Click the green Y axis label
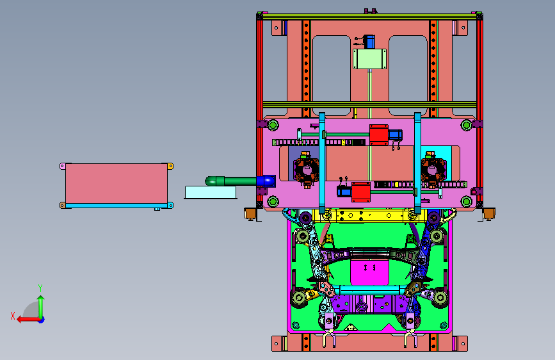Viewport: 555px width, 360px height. pos(40,288)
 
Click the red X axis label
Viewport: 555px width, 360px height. pos(13,316)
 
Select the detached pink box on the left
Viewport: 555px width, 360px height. pos(117,184)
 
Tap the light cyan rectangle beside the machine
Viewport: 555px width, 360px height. pos(211,192)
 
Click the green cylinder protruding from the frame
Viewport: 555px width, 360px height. pos(231,181)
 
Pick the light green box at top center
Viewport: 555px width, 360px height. pos(369,59)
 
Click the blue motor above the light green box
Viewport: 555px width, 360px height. pos(369,42)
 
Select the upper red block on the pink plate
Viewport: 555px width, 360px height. pos(379,135)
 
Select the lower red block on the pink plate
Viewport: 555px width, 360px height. pos(361,192)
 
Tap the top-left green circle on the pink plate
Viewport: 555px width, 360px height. pos(273,125)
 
